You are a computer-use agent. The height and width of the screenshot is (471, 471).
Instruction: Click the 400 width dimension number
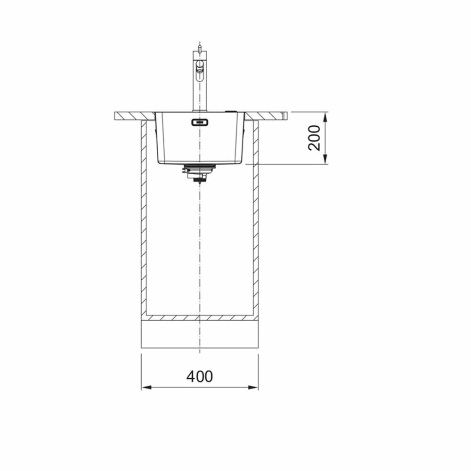coord(199,376)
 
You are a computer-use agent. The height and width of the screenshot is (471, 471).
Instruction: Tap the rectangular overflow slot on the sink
coord(200,122)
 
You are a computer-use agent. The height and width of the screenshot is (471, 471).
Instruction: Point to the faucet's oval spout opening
coord(199,70)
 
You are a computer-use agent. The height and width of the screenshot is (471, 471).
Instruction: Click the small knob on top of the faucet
coord(199,47)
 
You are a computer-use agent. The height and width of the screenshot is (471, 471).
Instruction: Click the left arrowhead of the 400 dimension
coord(146,387)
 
